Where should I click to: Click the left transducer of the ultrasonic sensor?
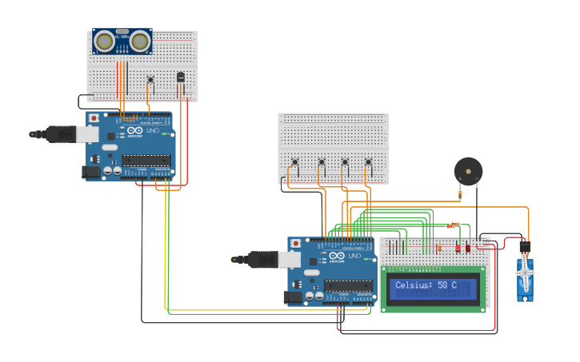(x=104, y=40)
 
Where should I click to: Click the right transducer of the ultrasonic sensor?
(x=140, y=40)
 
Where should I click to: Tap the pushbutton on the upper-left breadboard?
(x=150, y=79)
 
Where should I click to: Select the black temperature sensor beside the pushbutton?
(x=180, y=78)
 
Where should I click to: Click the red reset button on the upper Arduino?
(x=94, y=118)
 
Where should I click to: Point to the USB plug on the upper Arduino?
(x=61, y=134)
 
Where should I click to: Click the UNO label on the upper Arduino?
(x=154, y=131)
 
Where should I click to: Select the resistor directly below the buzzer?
(x=460, y=193)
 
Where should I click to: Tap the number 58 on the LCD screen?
(x=442, y=285)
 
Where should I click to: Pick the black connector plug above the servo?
(x=525, y=247)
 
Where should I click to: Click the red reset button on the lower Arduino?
(x=295, y=243)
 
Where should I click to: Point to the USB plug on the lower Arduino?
(x=262, y=259)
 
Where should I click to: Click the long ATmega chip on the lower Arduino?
(x=347, y=286)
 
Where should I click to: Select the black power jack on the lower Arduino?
(x=293, y=297)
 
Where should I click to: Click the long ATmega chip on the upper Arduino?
(x=146, y=160)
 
